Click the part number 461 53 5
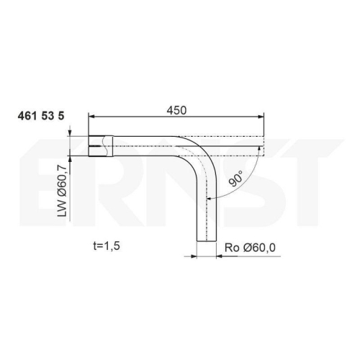pos(41,116)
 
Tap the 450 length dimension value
pos(176,110)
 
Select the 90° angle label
pos(235,179)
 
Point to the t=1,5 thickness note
pos(107,246)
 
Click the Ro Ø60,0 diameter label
pos(250,248)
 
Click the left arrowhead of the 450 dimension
pos(91,117)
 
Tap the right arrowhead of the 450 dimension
pos(261,117)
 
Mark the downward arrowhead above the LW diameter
pos(70,133)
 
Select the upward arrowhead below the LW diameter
pos(70,159)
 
